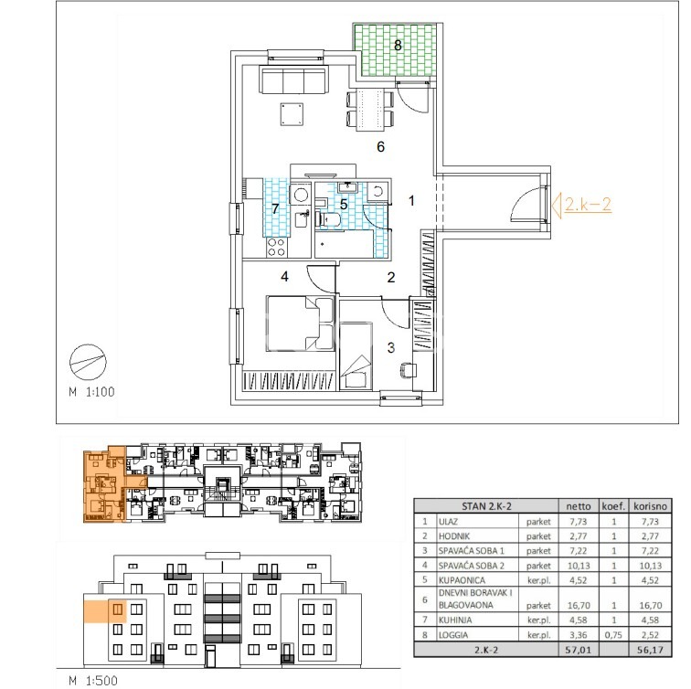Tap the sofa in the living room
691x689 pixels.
click(x=292, y=79)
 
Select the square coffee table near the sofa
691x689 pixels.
click(x=292, y=114)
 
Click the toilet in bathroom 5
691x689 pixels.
click(x=327, y=219)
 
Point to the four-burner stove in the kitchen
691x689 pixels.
click(x=277, y=247)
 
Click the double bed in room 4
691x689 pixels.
click(x=301, y=323)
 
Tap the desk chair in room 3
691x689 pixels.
click(x=408, y=369)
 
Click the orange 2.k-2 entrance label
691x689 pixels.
click(x=588, y=205)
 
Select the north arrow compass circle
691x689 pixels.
click(x=88, y=362)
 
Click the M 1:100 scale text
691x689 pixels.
click(x=91, y=392)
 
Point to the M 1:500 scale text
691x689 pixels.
click(x=93, y=680)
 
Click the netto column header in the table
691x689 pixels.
click(x=579, y=506)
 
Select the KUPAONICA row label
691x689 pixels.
click(x=462, y=580)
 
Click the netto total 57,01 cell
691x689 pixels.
click(x=579, y=650)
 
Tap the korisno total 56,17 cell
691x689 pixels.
click(x=651, y=650)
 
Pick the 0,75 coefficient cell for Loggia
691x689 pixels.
click(x=613, y=635)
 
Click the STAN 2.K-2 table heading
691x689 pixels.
click(x=486, y=506)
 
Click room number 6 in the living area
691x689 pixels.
click(x=381, y=147)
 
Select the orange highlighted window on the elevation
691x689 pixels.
click(x=118, y=609)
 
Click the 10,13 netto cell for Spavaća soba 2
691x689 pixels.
click(x=579, y=566)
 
